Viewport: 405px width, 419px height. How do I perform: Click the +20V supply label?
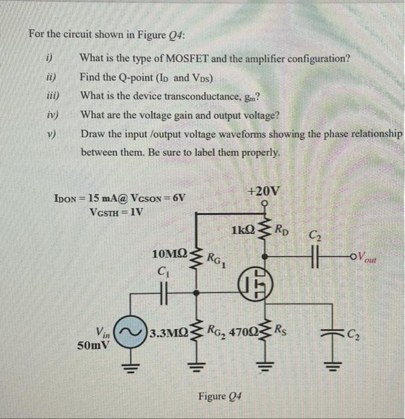click(262, 192)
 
